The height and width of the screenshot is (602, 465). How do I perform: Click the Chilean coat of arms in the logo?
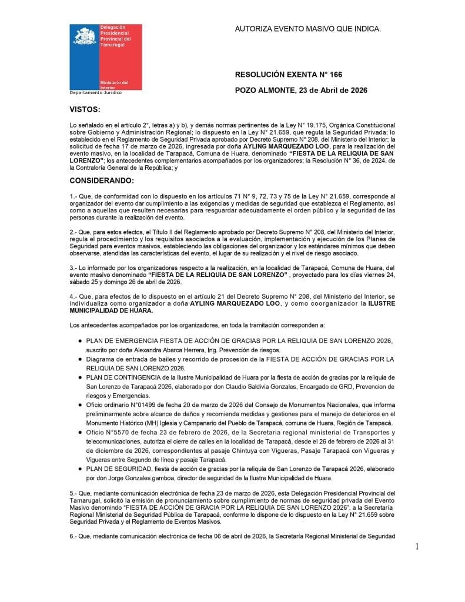pos(85,36)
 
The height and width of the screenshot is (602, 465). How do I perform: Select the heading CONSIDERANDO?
pos(102,180)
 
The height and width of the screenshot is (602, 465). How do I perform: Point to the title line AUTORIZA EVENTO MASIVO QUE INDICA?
pos(307,28)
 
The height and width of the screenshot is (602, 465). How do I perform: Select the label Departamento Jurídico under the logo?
pos(96,93)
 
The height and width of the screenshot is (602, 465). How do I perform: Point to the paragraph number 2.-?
pos(74,232)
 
